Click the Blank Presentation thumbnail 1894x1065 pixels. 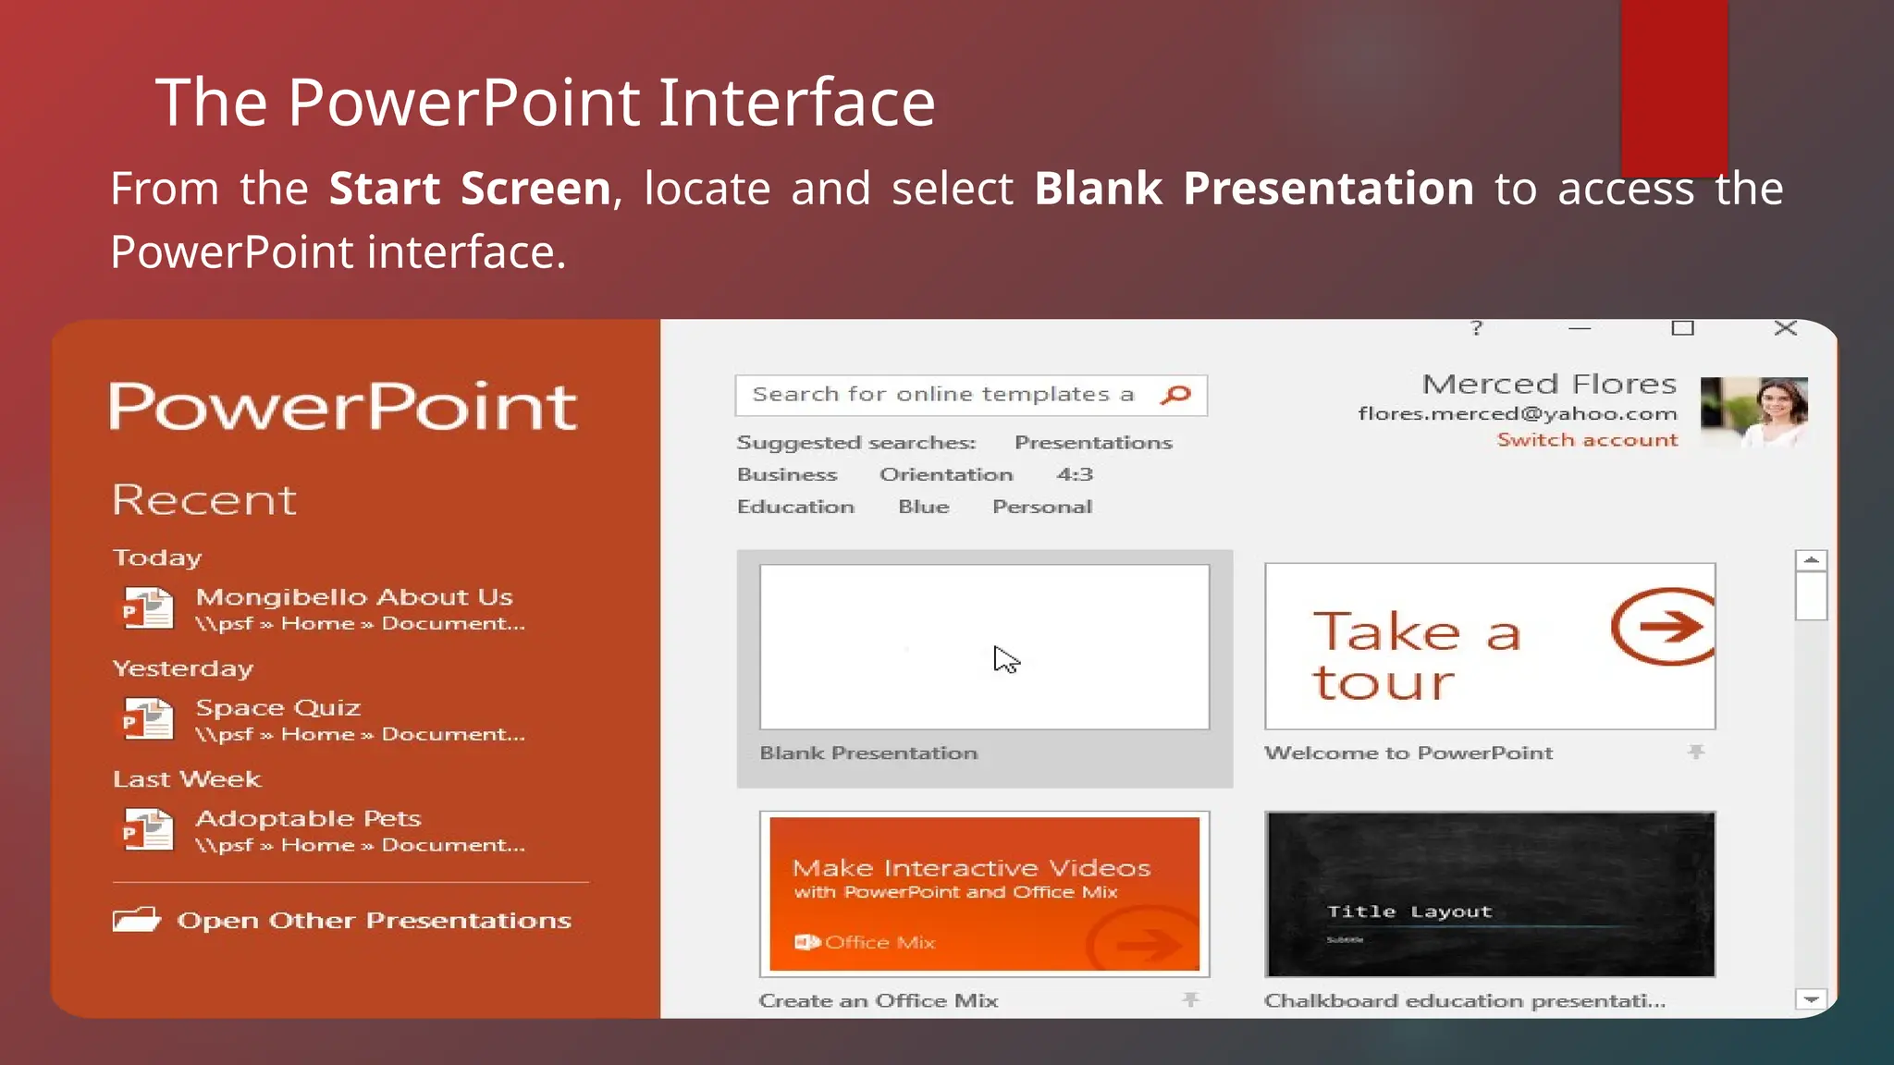(984, 646)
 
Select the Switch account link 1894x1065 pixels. (1587, 440)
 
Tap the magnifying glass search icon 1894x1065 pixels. (1175, 395)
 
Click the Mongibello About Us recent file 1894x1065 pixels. (353, 597)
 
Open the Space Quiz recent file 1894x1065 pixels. (277, 708)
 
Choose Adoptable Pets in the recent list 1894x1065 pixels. (308, 819)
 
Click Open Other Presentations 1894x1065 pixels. (373, 921)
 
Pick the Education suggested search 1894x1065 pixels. (795, 507)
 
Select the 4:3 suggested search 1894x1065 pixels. (1075, 474)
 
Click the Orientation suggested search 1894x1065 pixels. (946, 474)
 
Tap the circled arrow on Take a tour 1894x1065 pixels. (1663, 627)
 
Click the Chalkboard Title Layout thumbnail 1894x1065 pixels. (1490, 894)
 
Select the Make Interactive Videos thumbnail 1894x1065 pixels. (984, 894)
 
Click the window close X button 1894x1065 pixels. (1786, 328)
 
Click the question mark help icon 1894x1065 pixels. (1477, 328)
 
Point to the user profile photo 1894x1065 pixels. (1753, 412)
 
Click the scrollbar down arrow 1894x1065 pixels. (1811, 999)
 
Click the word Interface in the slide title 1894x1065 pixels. (796, 102)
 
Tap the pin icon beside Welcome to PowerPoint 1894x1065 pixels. (1695, 753)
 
